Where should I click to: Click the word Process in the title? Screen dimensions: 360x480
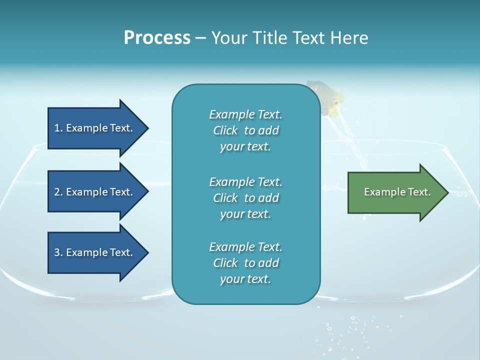coord(157,38)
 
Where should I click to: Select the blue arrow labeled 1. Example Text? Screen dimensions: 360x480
coord(93,128)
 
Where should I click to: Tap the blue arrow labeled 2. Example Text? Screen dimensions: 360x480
coord(93,192)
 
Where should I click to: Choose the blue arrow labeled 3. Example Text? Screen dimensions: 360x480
coord(93,252)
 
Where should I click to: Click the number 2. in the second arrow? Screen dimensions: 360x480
coord(58,192)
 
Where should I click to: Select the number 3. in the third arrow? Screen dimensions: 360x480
coord(58,252)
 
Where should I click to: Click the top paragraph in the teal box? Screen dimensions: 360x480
coord(245,130)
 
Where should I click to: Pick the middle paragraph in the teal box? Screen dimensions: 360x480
coord(245,198)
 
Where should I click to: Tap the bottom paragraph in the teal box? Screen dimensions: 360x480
coord(245,263)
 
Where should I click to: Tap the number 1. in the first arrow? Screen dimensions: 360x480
coord(58,128)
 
